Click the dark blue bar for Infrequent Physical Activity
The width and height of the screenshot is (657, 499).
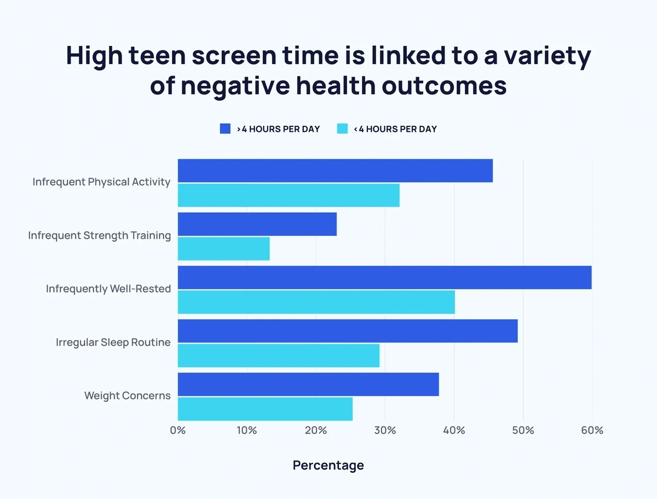click(x=335, y=171)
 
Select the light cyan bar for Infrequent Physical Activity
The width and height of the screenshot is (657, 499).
click(x=289, y=195)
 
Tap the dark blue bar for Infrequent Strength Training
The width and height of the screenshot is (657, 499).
click(x=257, y=224)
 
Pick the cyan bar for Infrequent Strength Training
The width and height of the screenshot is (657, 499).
click(x=224, y=248)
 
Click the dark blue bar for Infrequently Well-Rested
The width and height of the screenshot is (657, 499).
click(x=384, y=277)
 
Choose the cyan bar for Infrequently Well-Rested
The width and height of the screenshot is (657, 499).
click(x=316, y=302)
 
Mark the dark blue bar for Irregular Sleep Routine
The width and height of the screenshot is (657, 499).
click(x=348, y=331)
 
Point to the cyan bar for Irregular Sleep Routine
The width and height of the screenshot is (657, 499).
click(x=279, y=356)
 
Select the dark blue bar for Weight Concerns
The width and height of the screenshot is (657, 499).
click(x=308, y=385)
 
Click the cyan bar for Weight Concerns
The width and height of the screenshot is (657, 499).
click(x=265, y=409)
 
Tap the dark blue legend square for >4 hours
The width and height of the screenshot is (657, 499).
click(x=225, y=129)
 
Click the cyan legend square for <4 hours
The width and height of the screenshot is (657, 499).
click(x=342, y=129)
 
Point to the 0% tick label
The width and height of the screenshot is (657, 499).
click(x=178, y=431)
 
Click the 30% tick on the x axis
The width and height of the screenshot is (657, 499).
click(x=385, y=431)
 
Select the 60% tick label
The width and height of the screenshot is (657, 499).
click(x=592, y=431)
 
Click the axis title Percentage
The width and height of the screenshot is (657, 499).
click(x=328, y=466)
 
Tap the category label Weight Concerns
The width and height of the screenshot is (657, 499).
click(x=127, y=396)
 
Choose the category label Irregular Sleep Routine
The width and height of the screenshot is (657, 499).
click(x=113, y=343)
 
